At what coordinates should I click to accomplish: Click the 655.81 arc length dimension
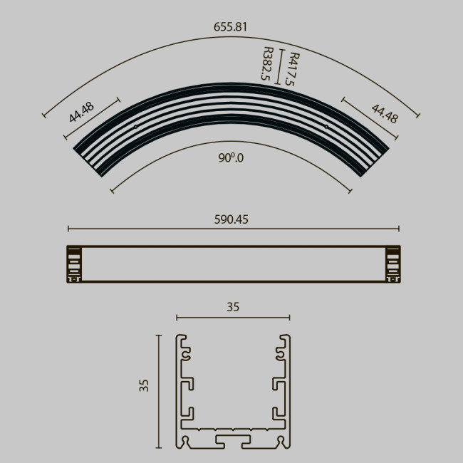[x=231, y=27]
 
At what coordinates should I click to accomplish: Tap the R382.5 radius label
[x=268, y=64]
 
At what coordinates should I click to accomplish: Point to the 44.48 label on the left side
[x=81, y=113]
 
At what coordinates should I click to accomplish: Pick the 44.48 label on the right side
[x=384, y=113]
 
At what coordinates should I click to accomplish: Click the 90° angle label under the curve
[x=231, y=158]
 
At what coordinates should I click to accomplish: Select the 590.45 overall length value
[x=231, y=219]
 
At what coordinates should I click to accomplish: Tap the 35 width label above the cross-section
[x=233, y=308]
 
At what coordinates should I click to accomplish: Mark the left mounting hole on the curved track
[x=135, y=127]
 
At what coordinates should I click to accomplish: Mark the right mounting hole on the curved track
[x=327, y=127]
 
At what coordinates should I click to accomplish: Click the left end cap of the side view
[x=74, y=264]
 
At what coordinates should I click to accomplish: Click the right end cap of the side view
[x=391, y=264]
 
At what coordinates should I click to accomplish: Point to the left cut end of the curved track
[x=91, y=161]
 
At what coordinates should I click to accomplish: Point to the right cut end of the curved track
[x=373, y=161]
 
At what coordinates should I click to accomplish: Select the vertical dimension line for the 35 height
[x=158, y=392]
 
